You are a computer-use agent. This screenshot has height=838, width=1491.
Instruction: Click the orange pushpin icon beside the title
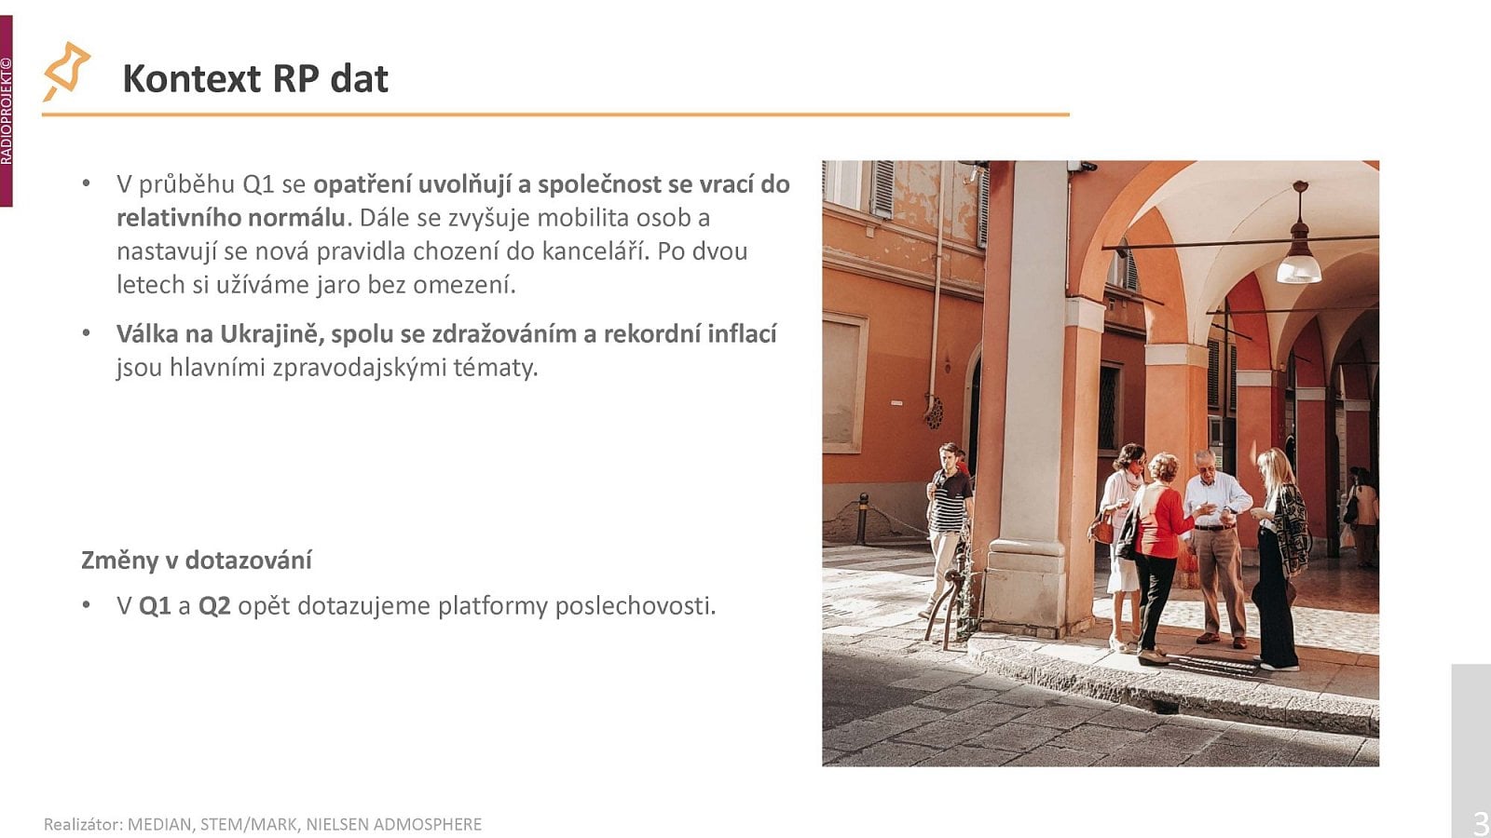[x=66, y=71]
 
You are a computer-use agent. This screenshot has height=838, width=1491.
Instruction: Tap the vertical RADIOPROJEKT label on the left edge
[x=7, y=112]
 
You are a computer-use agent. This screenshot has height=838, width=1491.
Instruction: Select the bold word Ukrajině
[x=270, y=333]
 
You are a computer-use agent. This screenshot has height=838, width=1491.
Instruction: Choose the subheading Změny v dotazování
[x=197, y=560]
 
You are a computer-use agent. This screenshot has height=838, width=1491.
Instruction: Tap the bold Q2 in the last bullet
[x=214, y=605]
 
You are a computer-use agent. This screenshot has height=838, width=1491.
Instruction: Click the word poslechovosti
[x=636, y=605]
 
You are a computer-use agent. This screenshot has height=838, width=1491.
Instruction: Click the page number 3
[x=1479, y=823]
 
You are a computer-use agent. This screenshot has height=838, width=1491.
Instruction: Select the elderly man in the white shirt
[x=1217, y=540]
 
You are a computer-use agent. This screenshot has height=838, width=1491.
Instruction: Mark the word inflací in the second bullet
[x=742, y=333]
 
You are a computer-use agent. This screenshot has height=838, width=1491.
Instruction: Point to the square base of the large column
[x=1025, y=587]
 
